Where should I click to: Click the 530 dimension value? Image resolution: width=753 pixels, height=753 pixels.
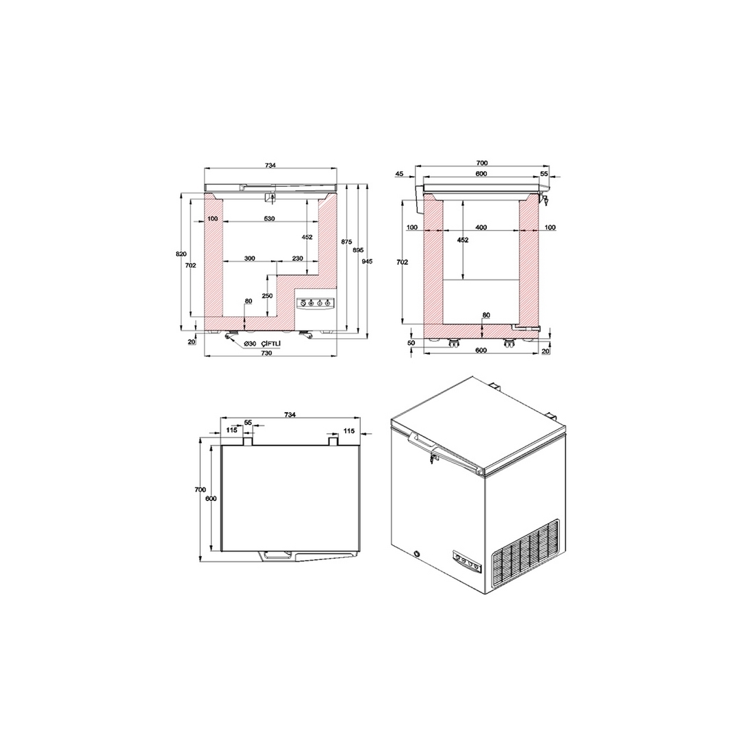[x=269, y=218]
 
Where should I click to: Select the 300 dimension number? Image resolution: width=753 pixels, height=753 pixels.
[x=250, y=258]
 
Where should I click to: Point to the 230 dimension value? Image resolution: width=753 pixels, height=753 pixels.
[x=297, y=258]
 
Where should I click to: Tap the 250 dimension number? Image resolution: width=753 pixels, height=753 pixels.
[x=268, y=296]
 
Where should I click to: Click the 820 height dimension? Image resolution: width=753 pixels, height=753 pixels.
[x=181, y=254]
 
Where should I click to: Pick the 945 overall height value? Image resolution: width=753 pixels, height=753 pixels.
[x=368, y=261]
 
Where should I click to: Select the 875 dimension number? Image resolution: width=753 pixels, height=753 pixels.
[x=347, y=242]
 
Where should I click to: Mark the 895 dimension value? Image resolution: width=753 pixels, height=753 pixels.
[x=358, y=250]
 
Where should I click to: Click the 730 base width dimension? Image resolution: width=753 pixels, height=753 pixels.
[x=266, y=353]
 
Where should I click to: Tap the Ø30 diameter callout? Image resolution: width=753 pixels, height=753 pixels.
[x=249, y=344]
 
